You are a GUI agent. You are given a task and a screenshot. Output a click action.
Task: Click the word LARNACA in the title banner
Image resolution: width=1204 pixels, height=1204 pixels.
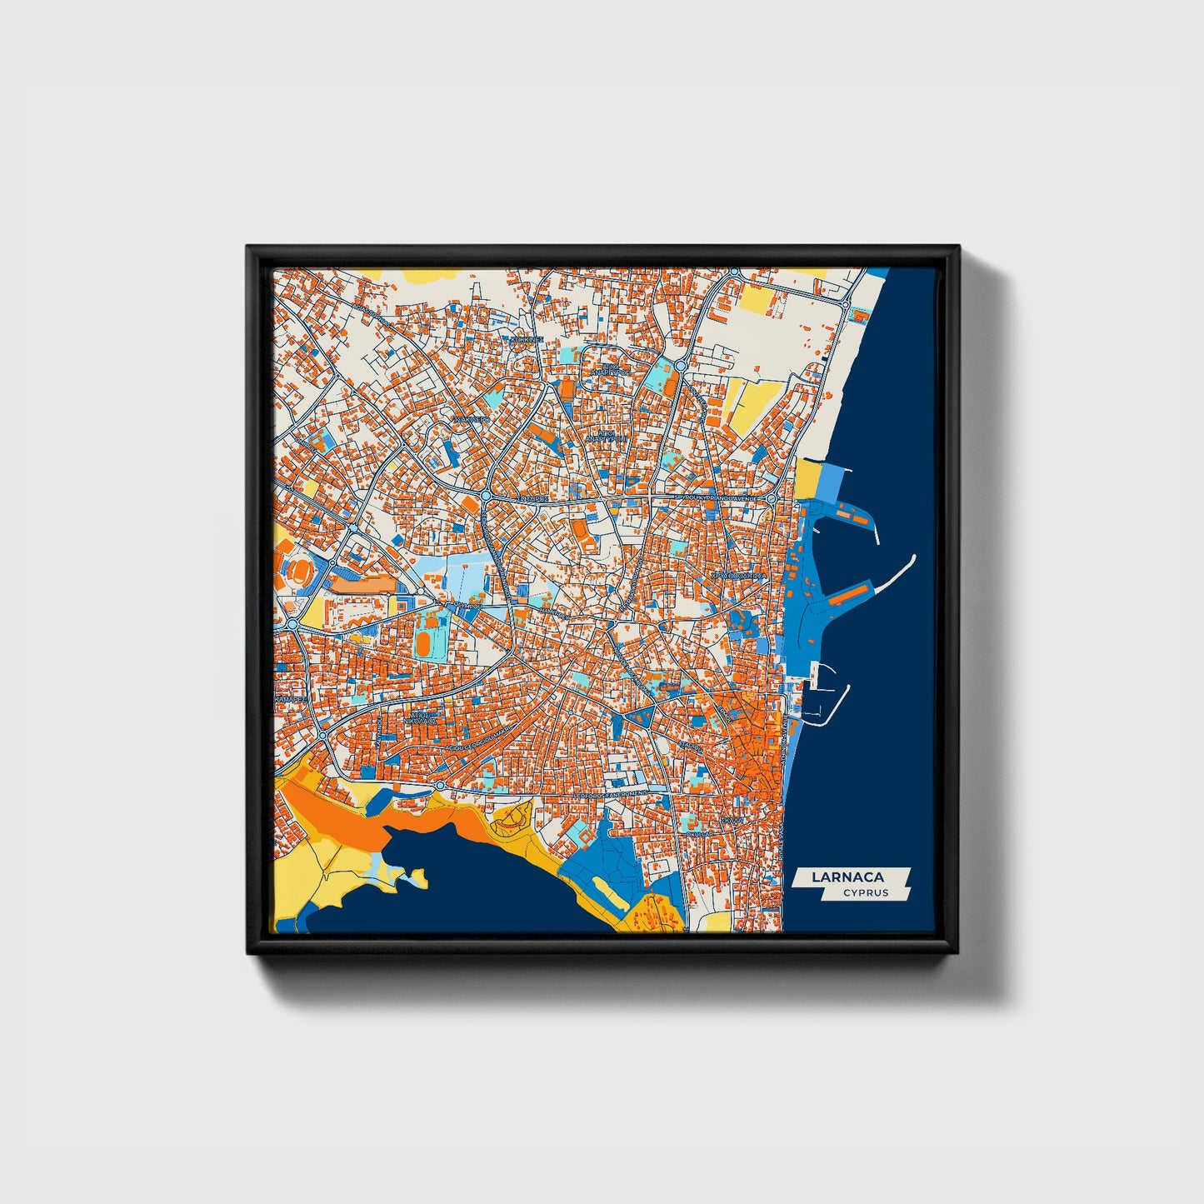coord(848,877)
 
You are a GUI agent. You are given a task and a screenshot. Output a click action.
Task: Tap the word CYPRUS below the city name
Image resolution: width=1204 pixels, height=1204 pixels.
coord(865,893)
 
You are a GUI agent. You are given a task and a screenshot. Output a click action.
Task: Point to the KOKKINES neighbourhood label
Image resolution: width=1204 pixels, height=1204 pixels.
coord(527,341)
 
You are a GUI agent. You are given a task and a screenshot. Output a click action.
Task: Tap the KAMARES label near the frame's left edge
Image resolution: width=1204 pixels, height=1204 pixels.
coord(288,697)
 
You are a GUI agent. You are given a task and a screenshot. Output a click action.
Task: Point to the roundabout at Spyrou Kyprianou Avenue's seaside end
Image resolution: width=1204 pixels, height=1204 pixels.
coord(772,498)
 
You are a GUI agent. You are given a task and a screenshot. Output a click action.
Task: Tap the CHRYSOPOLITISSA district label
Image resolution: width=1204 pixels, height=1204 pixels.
coord(737,575)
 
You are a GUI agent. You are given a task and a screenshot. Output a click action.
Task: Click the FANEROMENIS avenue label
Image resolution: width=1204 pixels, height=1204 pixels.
coord(610,796)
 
